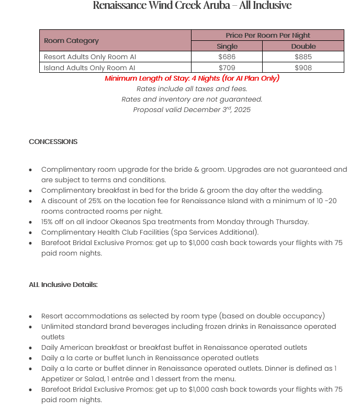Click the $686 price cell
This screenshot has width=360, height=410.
pyautogui.click(x=227, y=57)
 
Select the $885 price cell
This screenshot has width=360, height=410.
pyautogui.click(x=303, y=57)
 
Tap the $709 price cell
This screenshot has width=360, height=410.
pyautogui.click(x=227, y=68)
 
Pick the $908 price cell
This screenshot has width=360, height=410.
pyautogui.click(x=303, y=68)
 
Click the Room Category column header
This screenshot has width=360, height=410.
pyautogui.click(x=71, y=40)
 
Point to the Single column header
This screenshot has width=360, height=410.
pyautogui.click(x=227, y=46)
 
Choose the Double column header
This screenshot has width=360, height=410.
pyautogui.click(x=303, y=46)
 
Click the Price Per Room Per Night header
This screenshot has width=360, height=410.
pyautogui.click(x=267, y=35)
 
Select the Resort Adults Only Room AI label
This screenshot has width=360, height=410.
pyautogui.click(x=89, y=57)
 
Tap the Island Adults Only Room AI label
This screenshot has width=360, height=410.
pyautogui.click(x=89, y=68)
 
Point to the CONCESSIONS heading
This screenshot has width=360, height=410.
pyautogui.click(x=53, y=142)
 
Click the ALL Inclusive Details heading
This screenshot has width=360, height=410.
pyautogui.click(x=63, y=285)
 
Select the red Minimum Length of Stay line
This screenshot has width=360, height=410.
pyautogui.click(x=192, y=79)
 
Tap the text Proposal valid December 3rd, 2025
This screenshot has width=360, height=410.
pyautogui.click(x=192, y=109)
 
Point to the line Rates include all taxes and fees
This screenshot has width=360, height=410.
pyautogui.click(x=192, y=89)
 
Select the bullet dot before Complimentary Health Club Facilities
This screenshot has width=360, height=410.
pyautogui.click(x=31, y=232)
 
